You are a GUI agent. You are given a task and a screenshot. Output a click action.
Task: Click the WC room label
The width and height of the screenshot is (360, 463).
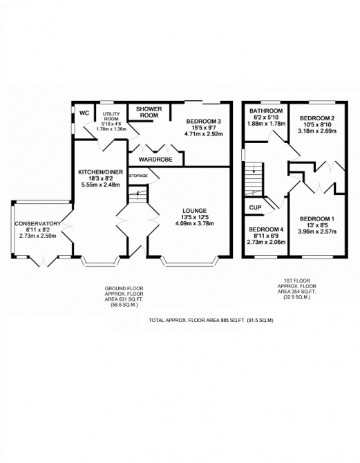[84, 113]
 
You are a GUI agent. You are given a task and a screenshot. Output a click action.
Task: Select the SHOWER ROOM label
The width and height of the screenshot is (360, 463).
[149, 112]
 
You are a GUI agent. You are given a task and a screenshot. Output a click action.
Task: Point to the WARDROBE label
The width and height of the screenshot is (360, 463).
[155, 160]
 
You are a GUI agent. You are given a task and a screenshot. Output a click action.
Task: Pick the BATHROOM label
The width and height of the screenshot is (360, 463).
[265, 111]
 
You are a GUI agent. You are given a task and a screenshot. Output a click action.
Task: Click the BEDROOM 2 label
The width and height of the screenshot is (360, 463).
[308, 118]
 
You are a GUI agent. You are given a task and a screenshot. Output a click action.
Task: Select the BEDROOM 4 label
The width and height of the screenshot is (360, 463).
[266, 229]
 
